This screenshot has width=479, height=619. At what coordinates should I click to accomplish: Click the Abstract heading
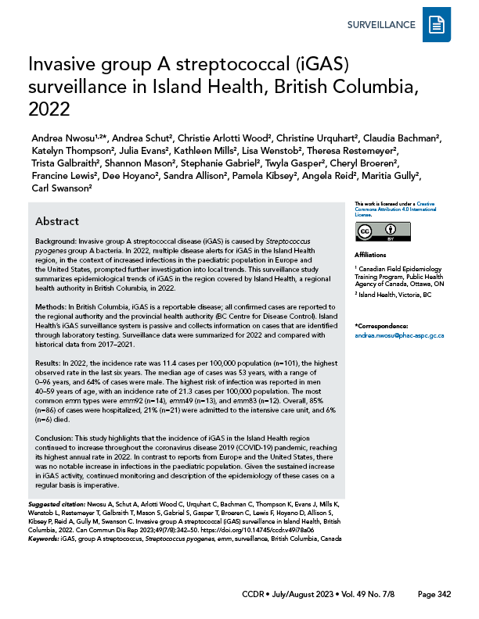(57, 221)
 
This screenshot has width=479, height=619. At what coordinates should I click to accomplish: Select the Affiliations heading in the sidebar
(370, 254)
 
